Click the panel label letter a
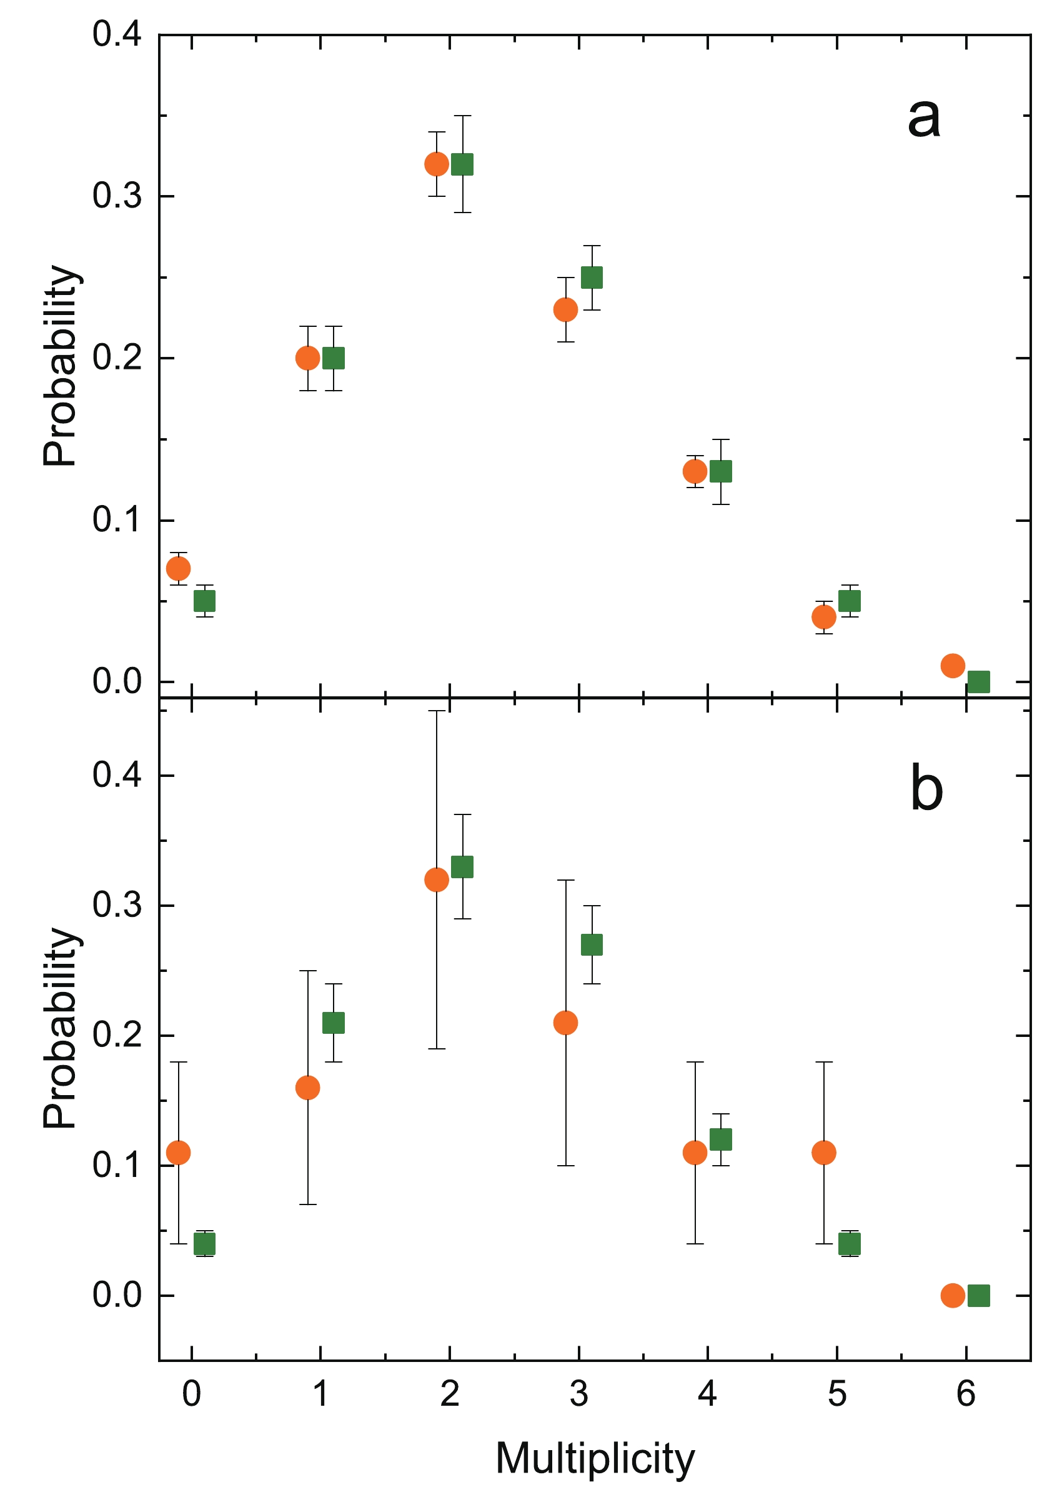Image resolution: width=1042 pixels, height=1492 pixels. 923,119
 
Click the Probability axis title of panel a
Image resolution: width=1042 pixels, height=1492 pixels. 61,365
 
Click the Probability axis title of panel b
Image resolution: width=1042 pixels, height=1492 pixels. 61,1028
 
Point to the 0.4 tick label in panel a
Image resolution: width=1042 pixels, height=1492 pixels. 117,34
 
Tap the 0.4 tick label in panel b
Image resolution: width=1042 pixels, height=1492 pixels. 117,775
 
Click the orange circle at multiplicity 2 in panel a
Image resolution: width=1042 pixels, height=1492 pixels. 437,164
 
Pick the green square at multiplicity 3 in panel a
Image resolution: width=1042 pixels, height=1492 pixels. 591,278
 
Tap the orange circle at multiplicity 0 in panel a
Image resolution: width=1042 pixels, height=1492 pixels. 179,569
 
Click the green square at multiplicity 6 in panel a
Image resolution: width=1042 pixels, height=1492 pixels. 978,682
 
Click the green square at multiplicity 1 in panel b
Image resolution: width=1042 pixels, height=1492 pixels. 333,1023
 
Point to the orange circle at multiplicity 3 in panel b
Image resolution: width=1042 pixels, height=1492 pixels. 565,1022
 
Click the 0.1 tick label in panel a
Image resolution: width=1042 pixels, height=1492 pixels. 117,521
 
